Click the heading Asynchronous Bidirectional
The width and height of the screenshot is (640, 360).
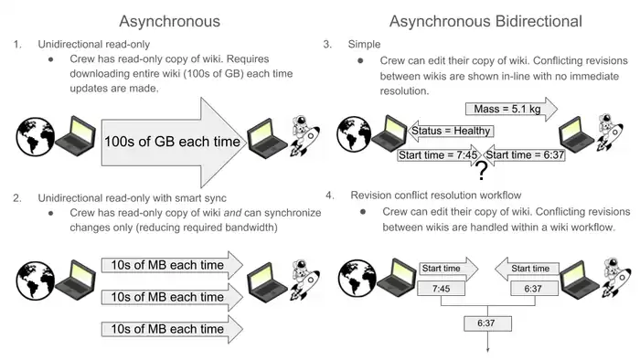(x=485, y=21)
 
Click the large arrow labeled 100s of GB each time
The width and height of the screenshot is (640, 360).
(x=174, y=143)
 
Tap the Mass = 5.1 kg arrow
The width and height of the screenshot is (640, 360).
(x=511, y=110)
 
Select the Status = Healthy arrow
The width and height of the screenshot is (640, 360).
(x=451, y=131)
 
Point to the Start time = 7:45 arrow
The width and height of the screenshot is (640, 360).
(x=440, y=155)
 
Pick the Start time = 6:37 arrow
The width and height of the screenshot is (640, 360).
(x=524, y=155)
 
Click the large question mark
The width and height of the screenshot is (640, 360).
(x=482, y=171)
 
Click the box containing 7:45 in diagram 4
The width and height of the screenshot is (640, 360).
(x=441, y=289)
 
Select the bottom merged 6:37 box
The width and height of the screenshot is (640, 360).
(x=487, y=323)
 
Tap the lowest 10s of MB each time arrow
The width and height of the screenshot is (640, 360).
(x=172, y=329)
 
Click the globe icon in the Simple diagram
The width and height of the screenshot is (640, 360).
(x=354, y=134)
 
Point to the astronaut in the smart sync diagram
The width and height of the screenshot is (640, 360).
(x=304, y=280)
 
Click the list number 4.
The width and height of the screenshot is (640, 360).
(x=330, y=196)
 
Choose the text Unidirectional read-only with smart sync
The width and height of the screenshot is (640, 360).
(x=133, y=198)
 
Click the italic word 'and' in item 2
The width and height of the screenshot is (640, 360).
(x=232, y=213)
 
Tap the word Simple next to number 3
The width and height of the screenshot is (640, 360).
(x=364, y=44)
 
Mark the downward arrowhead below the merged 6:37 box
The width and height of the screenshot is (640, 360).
(x=487, y=349)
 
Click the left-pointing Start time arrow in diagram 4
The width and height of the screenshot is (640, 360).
(x=527, y=269)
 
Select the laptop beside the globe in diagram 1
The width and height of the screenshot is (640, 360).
(x=76, y=136)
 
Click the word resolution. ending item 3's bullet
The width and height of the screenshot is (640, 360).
(x=404, y=91)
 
